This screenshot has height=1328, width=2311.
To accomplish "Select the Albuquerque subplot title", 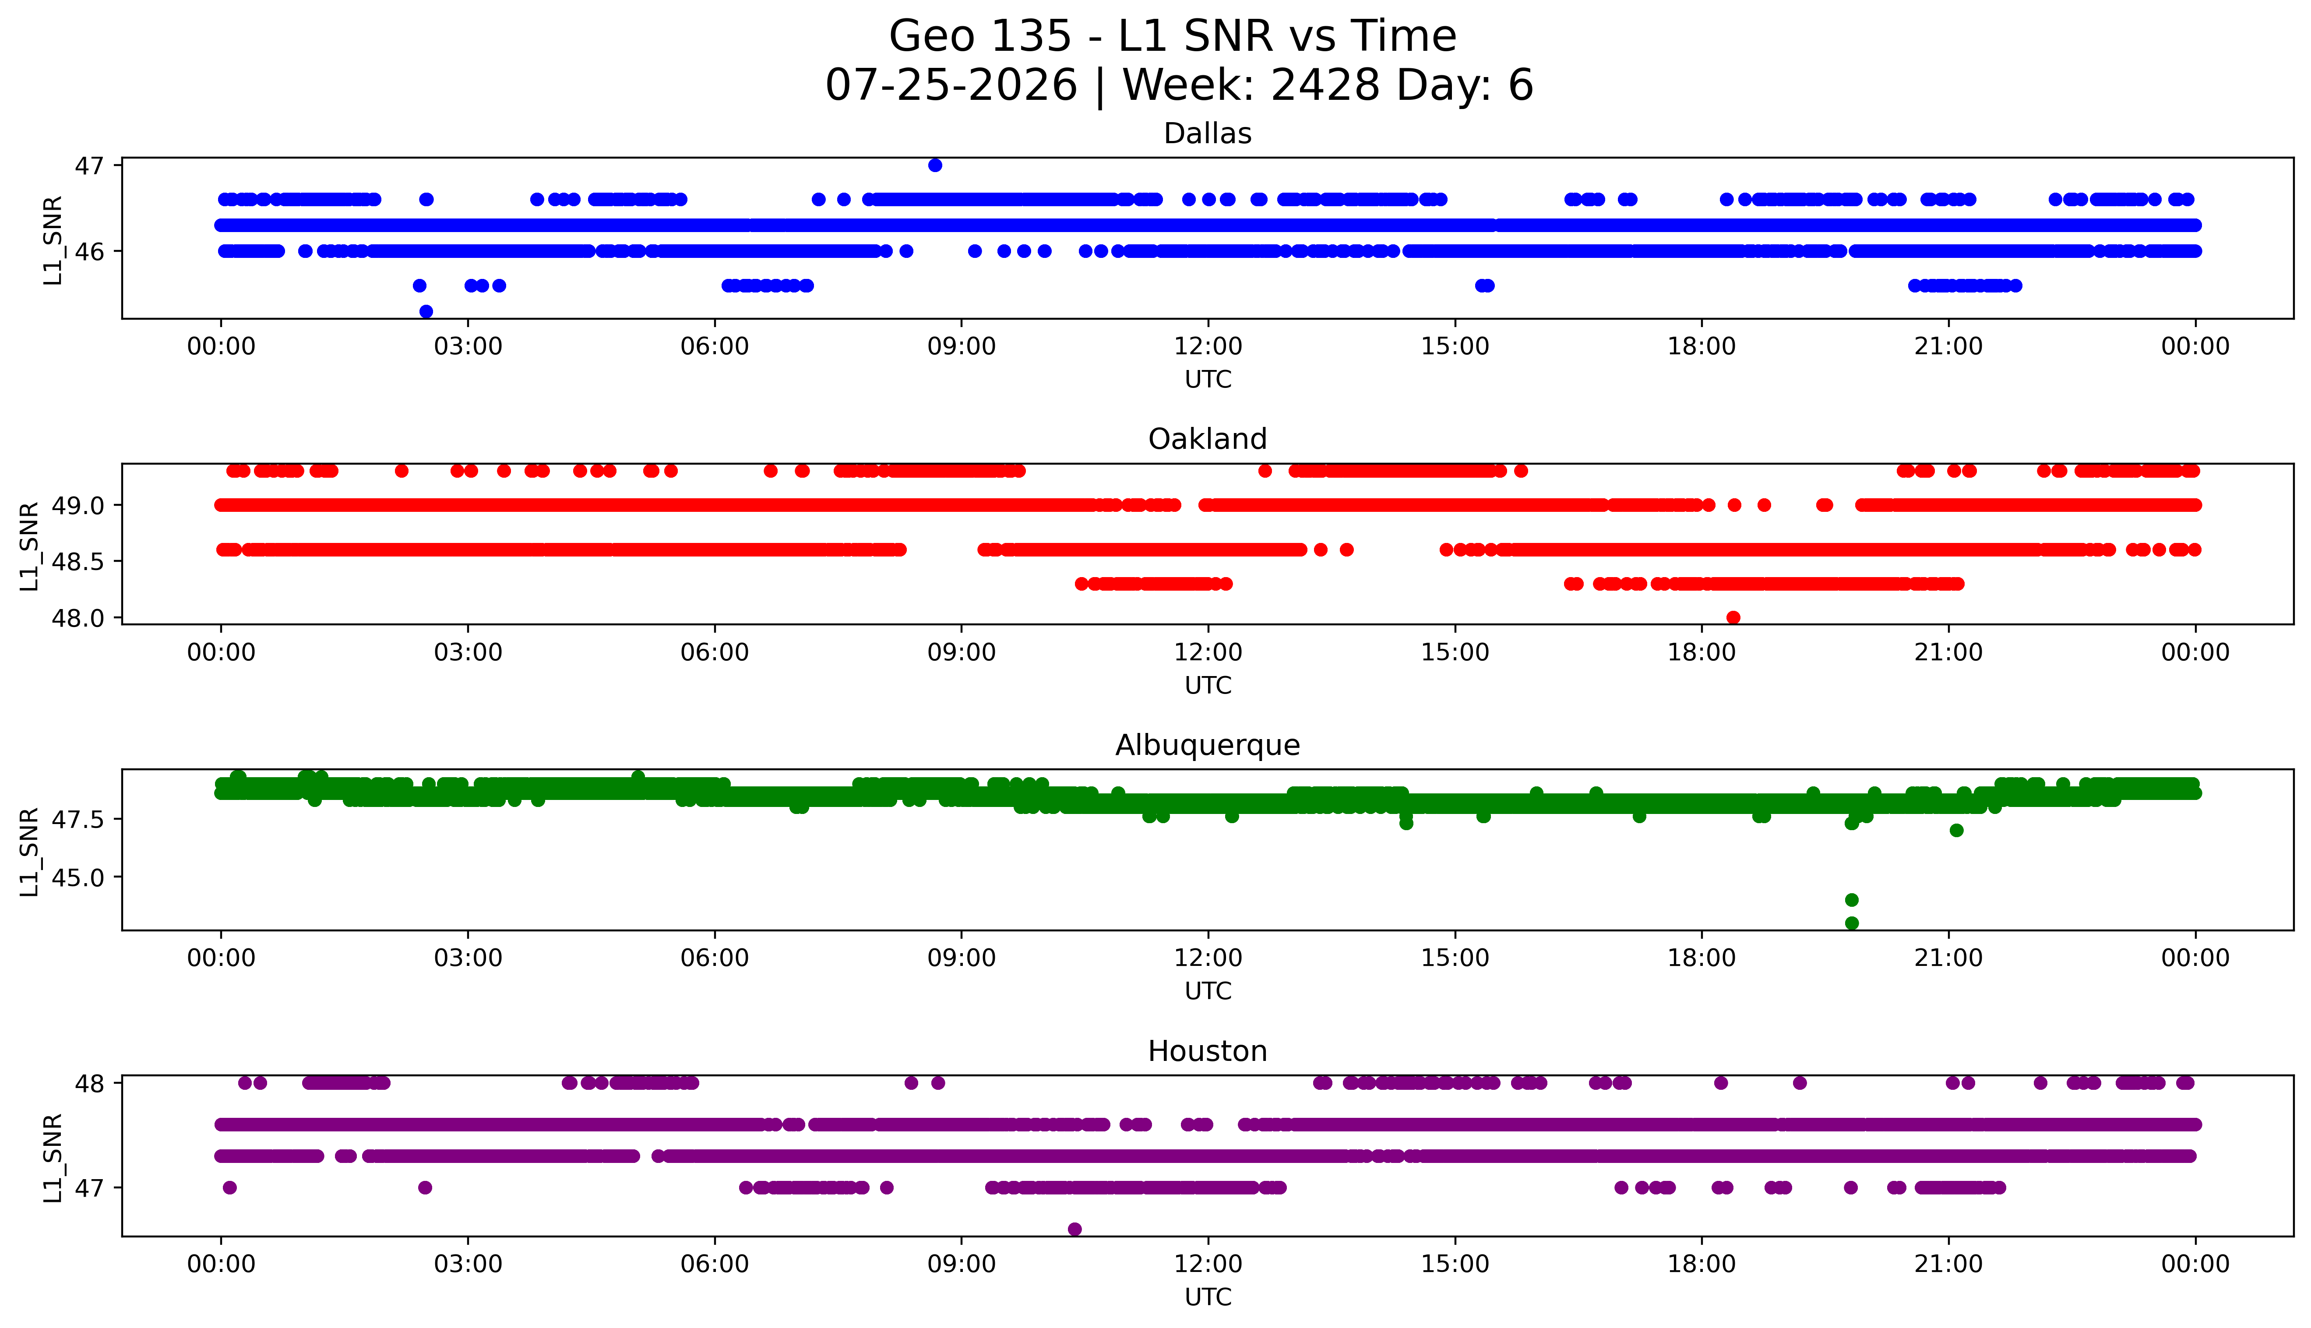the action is tap(1208, 745).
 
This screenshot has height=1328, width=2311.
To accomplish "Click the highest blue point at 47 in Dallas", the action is tap(935, 165).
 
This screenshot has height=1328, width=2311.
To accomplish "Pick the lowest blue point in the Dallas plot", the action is tap(426, 311).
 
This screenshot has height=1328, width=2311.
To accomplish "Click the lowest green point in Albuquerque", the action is tap(1851, 923).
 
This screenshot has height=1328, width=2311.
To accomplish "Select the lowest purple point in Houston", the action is tap(1074, 1229).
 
